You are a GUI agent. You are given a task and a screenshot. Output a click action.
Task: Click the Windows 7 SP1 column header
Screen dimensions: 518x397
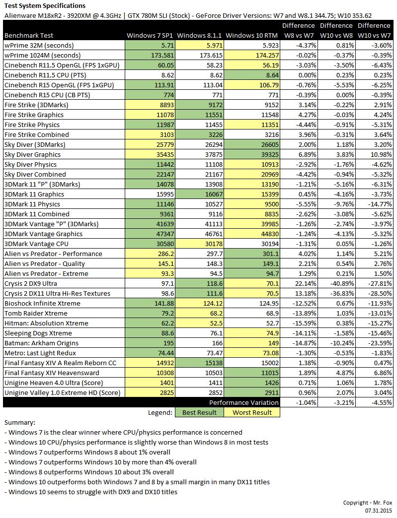[150, 35]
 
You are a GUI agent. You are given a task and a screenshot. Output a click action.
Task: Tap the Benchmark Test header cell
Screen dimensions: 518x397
[29, 35]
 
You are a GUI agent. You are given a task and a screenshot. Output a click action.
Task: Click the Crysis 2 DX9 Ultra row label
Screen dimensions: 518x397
[30, 283]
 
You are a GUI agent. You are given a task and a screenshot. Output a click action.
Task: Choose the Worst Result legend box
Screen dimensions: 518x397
[252, 412]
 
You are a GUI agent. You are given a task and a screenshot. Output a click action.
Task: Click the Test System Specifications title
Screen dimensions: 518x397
[45, 6]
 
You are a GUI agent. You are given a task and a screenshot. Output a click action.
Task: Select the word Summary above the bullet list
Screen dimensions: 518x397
[20, 422]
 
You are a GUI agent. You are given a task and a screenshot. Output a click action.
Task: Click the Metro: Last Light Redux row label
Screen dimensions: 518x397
[40, 353]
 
